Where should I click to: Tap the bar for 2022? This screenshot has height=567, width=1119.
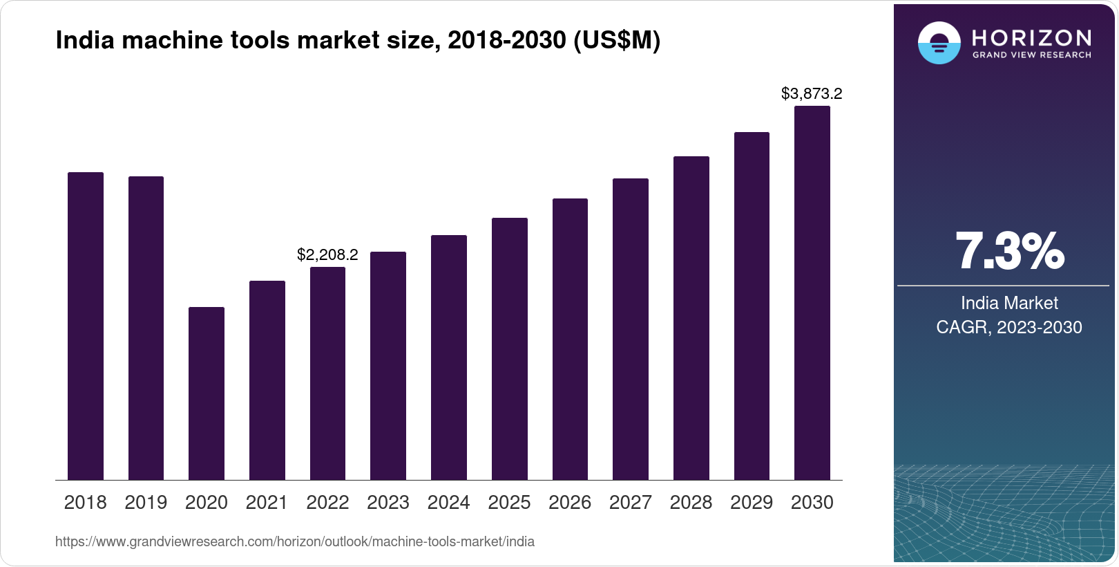[327, 373]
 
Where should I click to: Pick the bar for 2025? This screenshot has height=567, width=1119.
[509, 348]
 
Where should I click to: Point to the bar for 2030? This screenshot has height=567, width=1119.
[812, 292]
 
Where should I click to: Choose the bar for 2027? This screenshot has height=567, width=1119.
[630, 328]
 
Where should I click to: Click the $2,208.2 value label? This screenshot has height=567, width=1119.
[327, 254]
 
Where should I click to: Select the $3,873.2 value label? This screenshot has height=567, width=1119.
[812, 93]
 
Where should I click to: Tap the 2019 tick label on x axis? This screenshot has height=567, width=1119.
[146, 502]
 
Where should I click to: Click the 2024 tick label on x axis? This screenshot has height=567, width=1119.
[448, 502]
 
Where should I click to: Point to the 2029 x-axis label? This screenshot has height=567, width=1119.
[752, 502]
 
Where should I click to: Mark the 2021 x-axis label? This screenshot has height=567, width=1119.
[267, 502]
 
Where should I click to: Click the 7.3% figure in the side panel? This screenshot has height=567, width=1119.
[1009, 251]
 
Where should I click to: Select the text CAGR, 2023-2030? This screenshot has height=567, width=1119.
[1009, 327]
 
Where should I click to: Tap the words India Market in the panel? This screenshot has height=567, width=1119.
[1009, 303]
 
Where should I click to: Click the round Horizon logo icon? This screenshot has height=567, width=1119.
[939, 43]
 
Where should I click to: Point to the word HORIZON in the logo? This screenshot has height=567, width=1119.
[1031, 37]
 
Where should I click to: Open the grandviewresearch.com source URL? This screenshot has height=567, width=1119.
[294, 541]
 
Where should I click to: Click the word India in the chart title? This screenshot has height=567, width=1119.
[74, 40]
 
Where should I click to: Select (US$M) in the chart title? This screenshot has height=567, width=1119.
[617, 40]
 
